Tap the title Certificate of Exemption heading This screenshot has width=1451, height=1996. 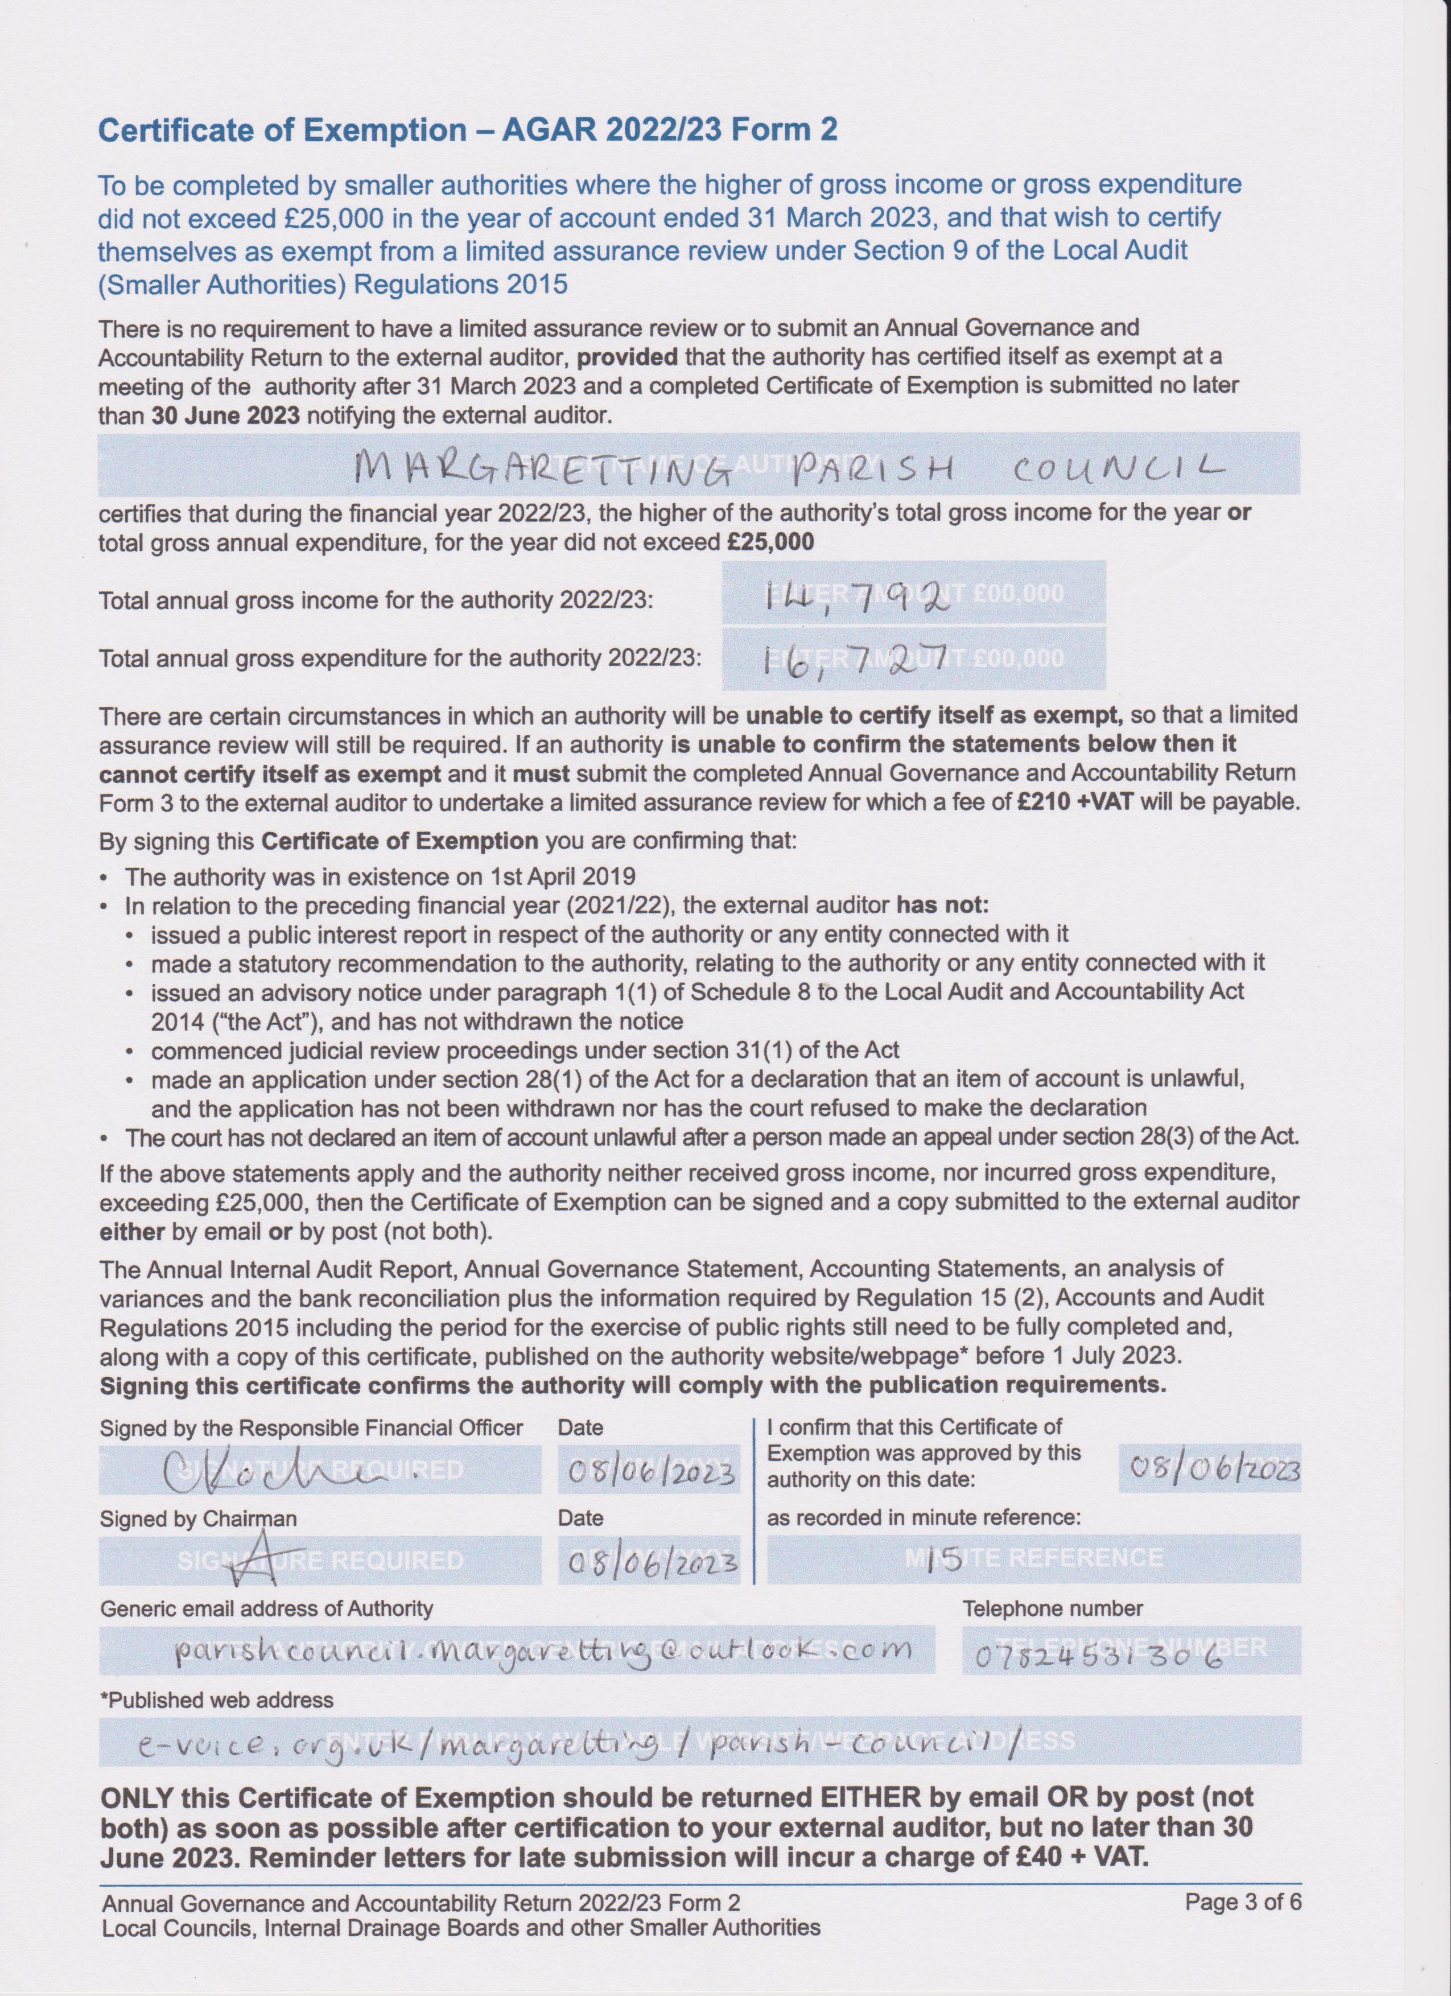tap(467, 130)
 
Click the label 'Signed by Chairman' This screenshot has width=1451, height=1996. tap(198, 1518)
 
